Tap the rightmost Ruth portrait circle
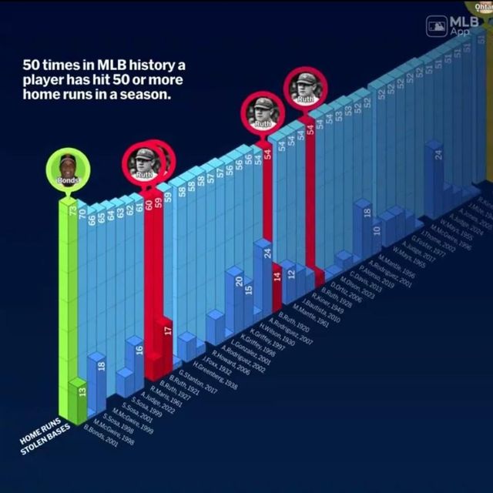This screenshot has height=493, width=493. (x=305, y=87)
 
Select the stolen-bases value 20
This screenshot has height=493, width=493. (x=239, y=283)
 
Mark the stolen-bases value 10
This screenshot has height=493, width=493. (x=377, y=230)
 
